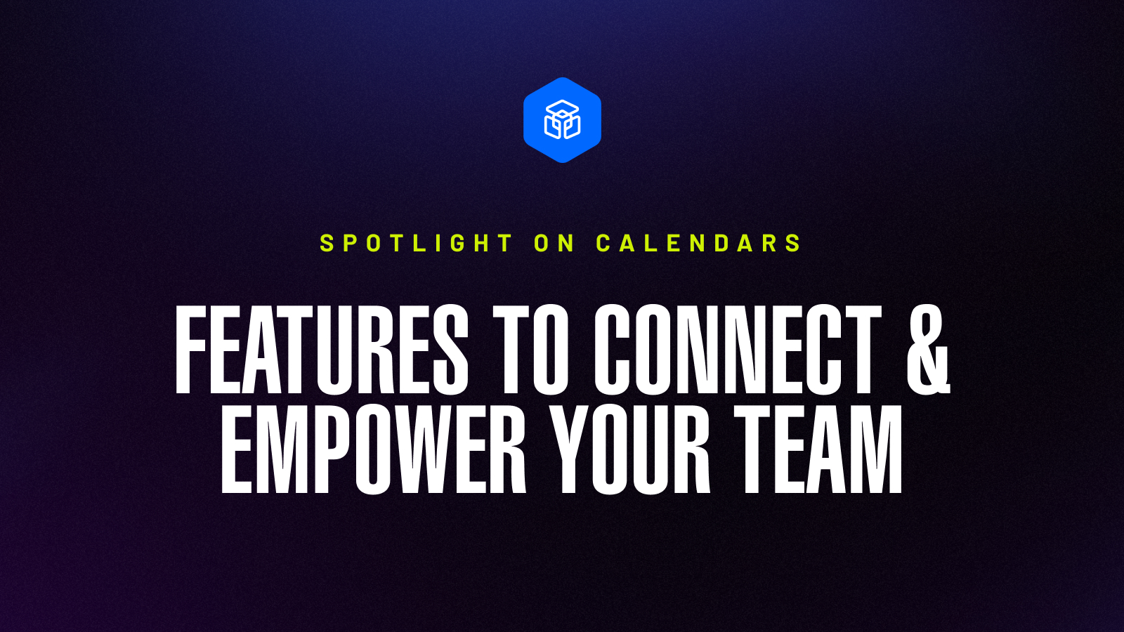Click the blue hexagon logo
(562, 120)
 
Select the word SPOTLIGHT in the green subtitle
(416, 243)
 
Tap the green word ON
(554, 243)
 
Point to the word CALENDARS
(698, 243)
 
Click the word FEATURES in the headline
(321, 349)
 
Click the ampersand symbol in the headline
(927, 349)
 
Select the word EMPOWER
(373, 449)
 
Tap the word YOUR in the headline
(630, 449)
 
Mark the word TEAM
(818, 449)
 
